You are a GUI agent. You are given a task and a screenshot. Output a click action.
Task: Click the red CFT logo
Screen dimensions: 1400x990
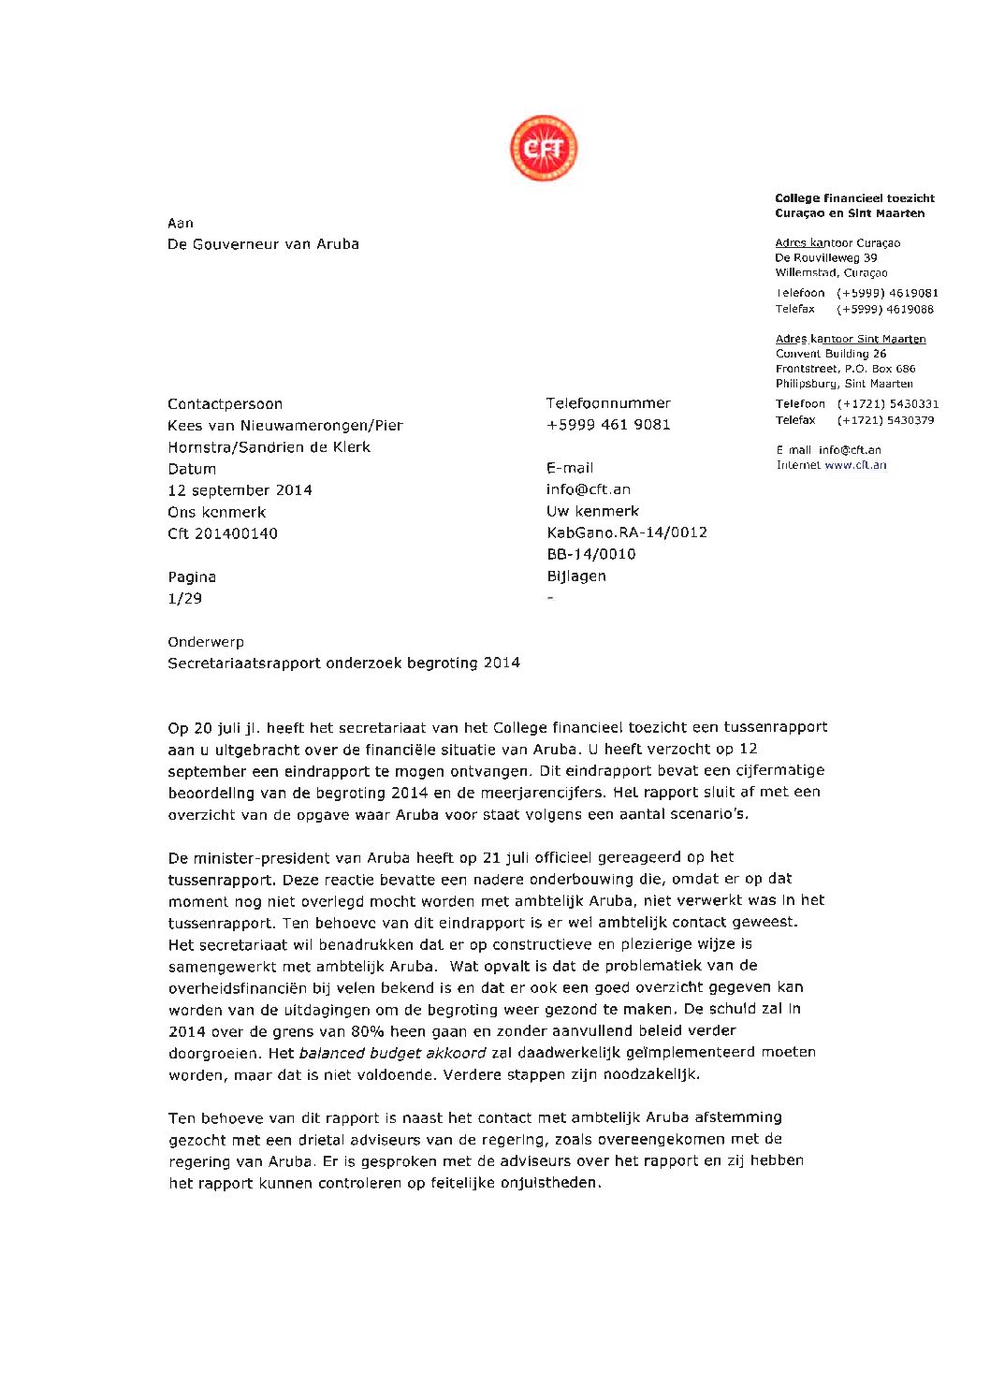[x=544, y=149]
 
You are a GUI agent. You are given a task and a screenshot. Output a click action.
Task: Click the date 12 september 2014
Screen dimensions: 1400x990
[x=240, y=490]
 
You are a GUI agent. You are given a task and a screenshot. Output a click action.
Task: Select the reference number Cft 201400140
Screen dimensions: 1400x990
[x=223, y=533]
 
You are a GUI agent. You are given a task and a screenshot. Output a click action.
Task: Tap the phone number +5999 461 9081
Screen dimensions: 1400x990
[x=608, y=425]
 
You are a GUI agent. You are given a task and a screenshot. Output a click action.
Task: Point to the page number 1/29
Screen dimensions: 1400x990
[x=184, y=599]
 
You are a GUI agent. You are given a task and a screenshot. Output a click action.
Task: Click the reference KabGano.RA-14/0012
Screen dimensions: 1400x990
[x=627, y=532]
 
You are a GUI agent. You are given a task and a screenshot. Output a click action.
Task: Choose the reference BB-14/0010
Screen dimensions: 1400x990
[x=590, y=554]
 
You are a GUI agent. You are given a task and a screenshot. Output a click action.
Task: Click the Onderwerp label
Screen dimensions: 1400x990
[x=206, y=642]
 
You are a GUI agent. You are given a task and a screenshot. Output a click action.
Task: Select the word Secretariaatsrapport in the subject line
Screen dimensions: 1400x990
[x=244, y=664]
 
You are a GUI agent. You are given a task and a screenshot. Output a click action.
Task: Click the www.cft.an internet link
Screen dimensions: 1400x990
[x=855, y=465]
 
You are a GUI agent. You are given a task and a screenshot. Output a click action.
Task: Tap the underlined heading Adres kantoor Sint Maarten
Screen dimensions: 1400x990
[x=851, y=339]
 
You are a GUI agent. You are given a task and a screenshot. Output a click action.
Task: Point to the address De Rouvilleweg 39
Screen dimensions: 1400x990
[x=825, y=258]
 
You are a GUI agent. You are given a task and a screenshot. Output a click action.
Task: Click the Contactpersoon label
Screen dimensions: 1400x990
[x=225, y=404]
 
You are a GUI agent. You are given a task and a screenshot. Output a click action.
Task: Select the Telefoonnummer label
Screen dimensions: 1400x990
[x=608, y=403]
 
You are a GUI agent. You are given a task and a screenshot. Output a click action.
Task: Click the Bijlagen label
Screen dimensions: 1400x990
[x=576, y=576]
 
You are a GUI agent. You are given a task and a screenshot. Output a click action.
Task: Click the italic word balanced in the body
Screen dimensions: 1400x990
[x=332, y=1053]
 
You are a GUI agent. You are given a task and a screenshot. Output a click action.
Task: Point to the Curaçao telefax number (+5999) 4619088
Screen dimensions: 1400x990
[x=885, y=310]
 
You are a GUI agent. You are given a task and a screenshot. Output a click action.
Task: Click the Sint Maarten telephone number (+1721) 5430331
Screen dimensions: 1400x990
[x=887, y=404]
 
